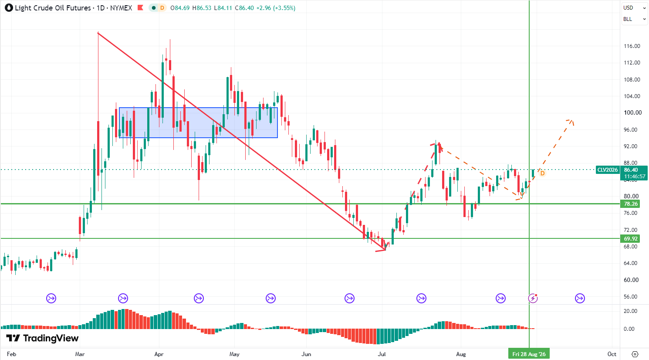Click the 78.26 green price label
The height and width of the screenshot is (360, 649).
coord(631,204)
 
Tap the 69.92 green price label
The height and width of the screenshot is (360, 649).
coord(631,238)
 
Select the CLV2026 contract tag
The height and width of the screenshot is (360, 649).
coord(608,170)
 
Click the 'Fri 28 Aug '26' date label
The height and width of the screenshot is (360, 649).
coord(529,354)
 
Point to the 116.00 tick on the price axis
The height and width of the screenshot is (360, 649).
coord(632,46)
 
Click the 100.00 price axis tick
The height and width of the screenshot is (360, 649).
coord(632,112)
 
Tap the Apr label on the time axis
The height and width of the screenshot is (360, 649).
coord(159,354)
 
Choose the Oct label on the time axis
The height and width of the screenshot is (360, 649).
coord(612,354)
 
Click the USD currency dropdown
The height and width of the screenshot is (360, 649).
coord(634,8)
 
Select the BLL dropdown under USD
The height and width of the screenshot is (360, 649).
coord(634,19)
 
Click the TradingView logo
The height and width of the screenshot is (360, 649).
coord(42,338)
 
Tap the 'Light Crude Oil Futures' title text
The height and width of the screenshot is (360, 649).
coord(53,8)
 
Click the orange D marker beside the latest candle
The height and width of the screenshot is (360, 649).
coord(542,173)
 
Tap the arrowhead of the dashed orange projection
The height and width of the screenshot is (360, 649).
coord(571,122)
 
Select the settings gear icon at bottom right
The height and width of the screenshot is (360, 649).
coord(635,354)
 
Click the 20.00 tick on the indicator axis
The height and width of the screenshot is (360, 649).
coord(630,311)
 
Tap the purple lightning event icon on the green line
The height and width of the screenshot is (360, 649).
coord(533,298)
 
